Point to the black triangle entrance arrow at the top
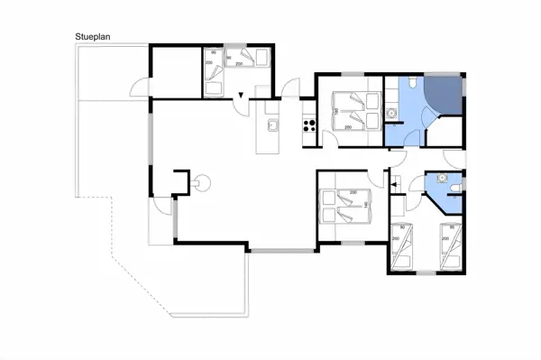click(x=242, y=96)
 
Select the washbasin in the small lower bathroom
click(x=442, y=179)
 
